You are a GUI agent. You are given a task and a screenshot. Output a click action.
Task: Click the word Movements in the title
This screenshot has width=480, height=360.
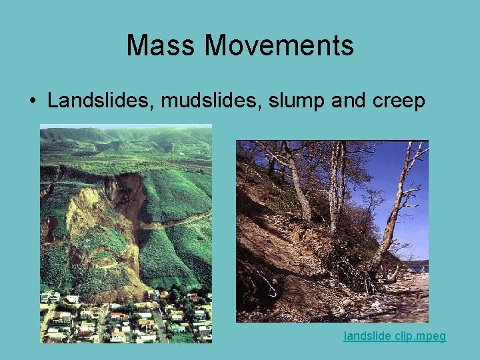(279, 45)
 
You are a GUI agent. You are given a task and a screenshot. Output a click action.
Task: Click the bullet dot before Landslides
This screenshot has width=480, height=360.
(33, 101)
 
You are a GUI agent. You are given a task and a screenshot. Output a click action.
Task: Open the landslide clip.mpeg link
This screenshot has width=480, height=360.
(395, 337)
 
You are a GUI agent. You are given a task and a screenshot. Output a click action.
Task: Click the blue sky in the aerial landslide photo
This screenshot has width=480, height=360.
(127, 126)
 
